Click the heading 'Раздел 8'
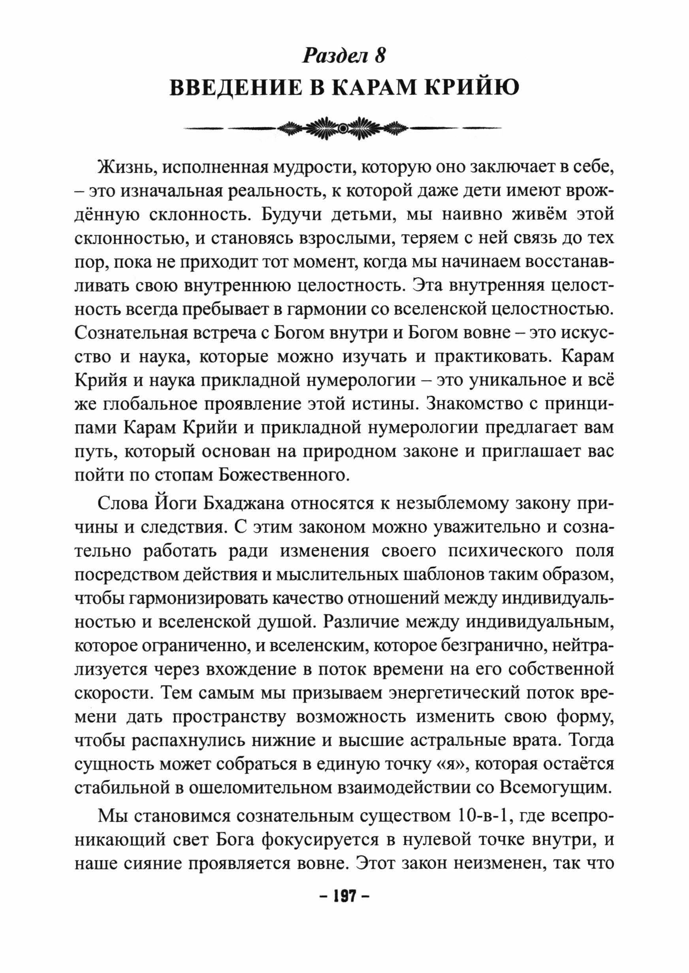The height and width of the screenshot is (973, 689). (x=344, y=56)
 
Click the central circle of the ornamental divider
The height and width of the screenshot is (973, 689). (x=344, y=127)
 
